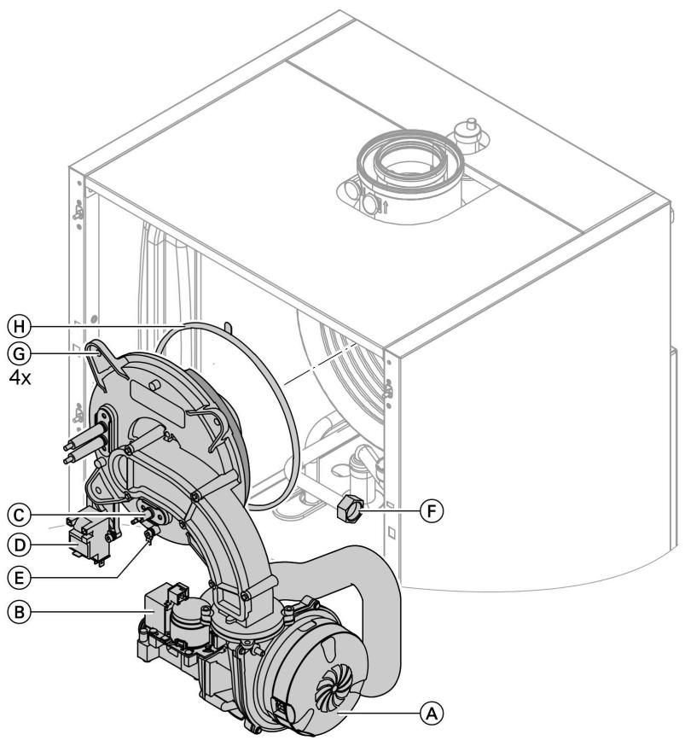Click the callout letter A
pyautogui.click(x=433, y=709)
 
